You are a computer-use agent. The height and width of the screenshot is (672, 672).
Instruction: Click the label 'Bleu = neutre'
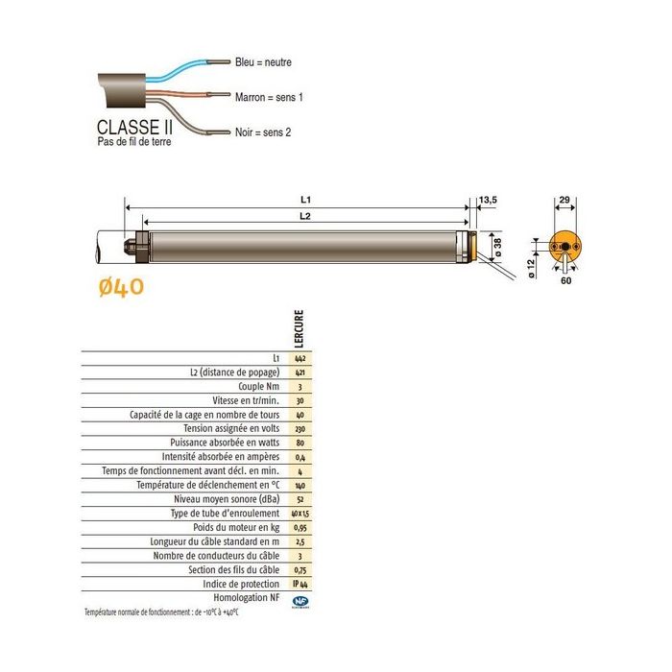coord(263,62)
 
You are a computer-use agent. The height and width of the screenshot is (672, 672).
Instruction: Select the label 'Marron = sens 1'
coord(271,97)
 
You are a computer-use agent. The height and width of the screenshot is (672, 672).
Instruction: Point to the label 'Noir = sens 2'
coord(264,132)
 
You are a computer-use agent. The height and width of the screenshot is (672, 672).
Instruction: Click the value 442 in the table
coord(299,357)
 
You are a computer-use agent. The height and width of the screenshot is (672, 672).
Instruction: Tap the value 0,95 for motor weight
coord(299,527)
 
